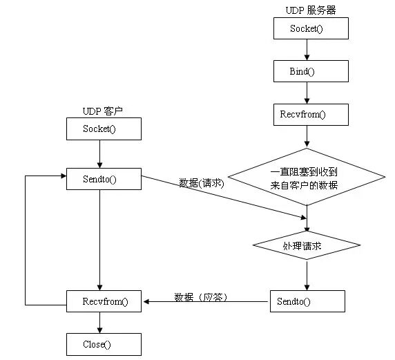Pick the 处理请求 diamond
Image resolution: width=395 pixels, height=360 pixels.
point(306,245)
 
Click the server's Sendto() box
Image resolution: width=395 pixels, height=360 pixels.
point(307,301)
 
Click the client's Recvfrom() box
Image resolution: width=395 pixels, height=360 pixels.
point(103,301)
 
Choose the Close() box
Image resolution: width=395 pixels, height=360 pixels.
point(103,343)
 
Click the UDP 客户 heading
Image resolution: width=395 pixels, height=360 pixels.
point(102,111)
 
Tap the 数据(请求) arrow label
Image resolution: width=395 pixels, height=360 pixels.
point(202,183)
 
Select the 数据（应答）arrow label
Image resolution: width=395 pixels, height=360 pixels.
point(201,296)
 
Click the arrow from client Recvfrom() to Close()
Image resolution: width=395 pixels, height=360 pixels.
point(101,322)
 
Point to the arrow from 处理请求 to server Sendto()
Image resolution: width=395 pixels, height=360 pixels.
point(307,274)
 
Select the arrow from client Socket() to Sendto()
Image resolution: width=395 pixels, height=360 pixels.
point(101,153)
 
